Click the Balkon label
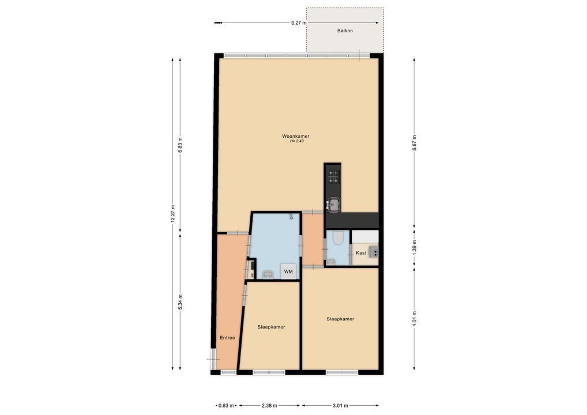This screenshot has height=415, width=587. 345,31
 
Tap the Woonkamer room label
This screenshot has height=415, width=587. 296,136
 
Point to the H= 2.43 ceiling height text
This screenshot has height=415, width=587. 296,141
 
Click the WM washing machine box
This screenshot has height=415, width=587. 288,271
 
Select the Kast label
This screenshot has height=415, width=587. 361,253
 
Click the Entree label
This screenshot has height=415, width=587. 227,338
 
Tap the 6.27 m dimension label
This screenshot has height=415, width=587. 299,23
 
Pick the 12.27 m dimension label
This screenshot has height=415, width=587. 172,214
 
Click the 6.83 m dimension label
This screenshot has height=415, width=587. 180,145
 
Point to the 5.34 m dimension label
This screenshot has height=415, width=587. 180,301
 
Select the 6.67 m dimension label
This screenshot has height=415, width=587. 414,142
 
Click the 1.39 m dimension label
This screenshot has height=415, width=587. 414,248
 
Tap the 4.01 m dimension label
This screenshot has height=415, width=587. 414,319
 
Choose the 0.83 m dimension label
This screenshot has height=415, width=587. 226,406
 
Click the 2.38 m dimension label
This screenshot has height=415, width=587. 269,406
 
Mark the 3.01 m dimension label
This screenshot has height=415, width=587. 340,406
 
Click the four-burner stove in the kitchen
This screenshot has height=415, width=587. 333,176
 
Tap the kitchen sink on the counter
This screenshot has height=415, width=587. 333,205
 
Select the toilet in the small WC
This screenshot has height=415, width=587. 337,237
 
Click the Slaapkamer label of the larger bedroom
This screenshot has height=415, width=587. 340,319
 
